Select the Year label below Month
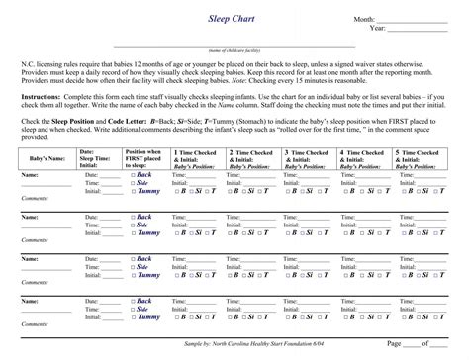tap(376, 29)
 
